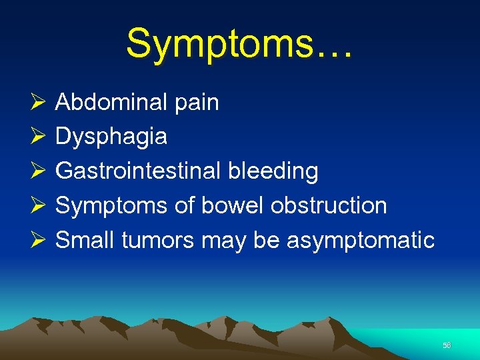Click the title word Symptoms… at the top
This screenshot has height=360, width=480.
239,44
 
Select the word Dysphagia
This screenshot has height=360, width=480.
111,137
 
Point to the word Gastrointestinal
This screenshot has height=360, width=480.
139,171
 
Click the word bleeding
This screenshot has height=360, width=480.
273,171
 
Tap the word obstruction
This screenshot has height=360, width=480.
329,205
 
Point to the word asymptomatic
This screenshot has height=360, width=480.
361,241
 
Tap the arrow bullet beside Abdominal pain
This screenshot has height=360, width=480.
38,103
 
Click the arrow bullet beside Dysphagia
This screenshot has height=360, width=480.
38,137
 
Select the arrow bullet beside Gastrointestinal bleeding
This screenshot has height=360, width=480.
38,171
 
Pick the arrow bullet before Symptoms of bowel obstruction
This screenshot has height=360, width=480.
38,205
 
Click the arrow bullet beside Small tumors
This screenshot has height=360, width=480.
38,240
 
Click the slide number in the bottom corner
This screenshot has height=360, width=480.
447,345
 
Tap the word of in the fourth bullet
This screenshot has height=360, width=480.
183,205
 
